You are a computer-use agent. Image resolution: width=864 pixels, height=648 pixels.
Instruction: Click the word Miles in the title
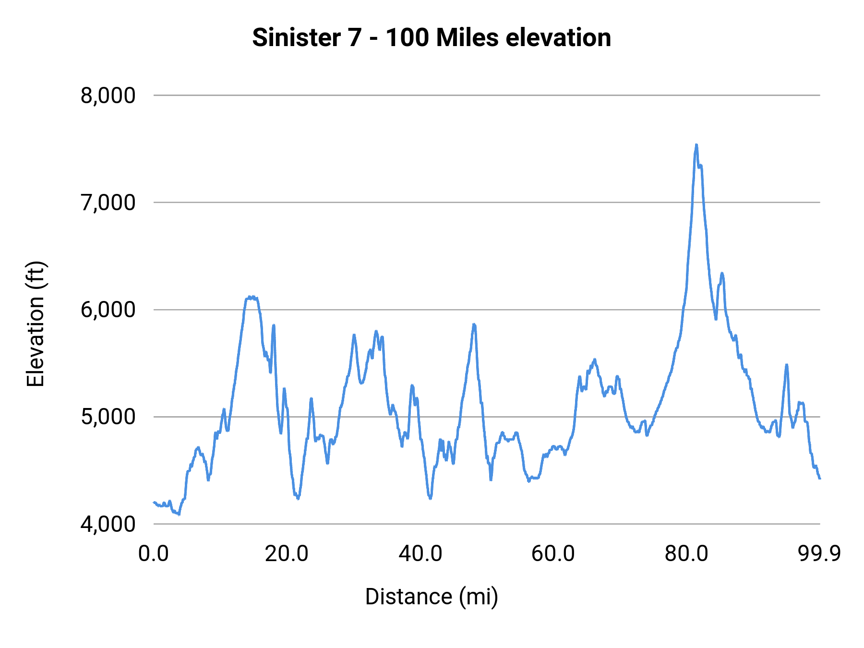pyautogui.click(x=467, y=37)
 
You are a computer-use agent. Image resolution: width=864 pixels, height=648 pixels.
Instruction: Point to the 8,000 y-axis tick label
pyautogui.click(x=108, y=96)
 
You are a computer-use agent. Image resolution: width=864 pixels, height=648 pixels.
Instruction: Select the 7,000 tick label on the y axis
pyautogui.click(x=108, y=203)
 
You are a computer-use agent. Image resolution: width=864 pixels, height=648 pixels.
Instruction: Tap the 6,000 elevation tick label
pyautogui.click(x=108, y=310)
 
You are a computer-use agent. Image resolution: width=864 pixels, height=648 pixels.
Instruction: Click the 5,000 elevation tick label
pyautogui.click(x=108, y=417)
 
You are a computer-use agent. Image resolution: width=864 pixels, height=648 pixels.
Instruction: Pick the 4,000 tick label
pyautogui.click(x=108, y=524)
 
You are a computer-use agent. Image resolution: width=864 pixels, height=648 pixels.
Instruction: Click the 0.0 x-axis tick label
pyautogui.click(x=154, y=553)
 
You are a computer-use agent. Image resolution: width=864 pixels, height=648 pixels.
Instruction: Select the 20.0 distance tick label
pyautogui.click(x=287, y=553)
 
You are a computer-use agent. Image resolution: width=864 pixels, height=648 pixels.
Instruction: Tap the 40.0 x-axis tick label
pyautogui.click(x=420, y=553)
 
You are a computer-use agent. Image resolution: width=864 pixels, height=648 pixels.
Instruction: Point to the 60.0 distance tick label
pyautogui.click(x=553, y=553)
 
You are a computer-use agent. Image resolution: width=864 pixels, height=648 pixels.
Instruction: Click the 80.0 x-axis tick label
pyautogui.click(x=686, y=553)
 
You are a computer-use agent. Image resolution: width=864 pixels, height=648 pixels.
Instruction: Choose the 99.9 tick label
pyautogui.click(x=819, y=553)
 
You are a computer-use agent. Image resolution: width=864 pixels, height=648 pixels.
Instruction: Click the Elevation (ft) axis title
pyautogui.click(x=35, y=324)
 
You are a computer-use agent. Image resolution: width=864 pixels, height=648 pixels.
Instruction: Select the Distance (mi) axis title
pyautogui.click(x=432, y=597)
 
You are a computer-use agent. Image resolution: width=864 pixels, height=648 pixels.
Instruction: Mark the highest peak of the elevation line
pyautogui.click(x=696, y=145)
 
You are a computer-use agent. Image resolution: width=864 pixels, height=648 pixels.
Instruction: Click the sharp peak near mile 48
pyautogui.click(x=474, y=325)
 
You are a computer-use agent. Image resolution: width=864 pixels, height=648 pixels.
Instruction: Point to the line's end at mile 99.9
pyautogui.click(x=820, y=478)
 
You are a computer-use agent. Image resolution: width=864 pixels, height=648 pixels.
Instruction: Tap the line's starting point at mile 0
pyautogui.click(x=154, y=502)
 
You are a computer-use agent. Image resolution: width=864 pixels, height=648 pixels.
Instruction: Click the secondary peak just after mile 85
pyautogui.click(x=721, y=274)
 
